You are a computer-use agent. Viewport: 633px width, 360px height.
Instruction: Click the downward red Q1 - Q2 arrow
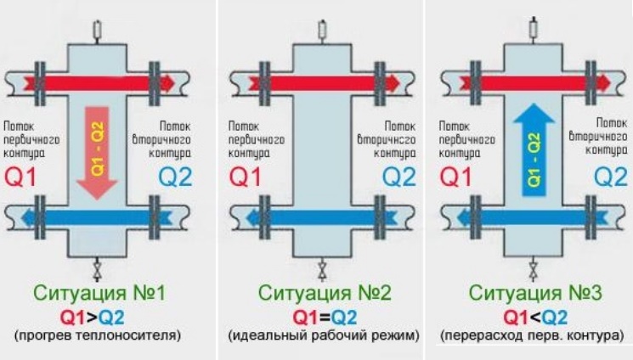(99, 149)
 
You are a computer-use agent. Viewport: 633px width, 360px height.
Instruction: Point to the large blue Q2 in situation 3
(609, 177)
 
